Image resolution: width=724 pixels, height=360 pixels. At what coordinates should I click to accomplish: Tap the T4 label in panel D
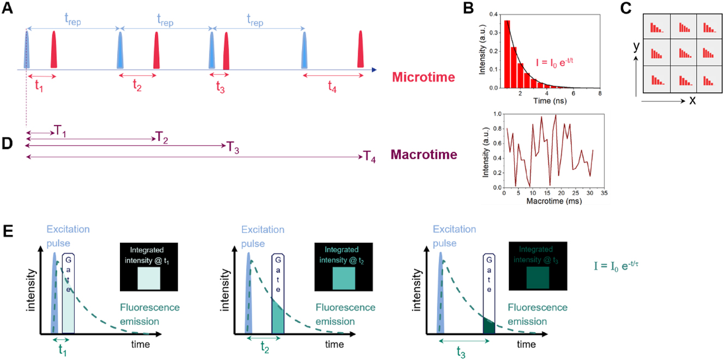[x=370, y=158]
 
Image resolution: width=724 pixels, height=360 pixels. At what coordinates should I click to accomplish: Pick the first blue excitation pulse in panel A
[x=27, y=50]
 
